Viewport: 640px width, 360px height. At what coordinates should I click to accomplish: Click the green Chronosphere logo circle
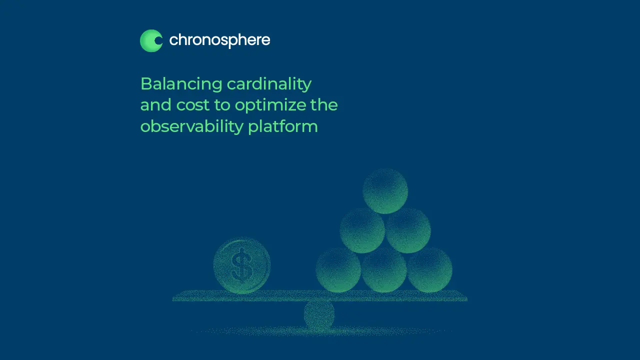click(151, 41)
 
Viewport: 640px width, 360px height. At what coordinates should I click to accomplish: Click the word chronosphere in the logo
click(219, 40)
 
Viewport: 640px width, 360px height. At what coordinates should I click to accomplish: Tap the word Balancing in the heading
click(181, 84)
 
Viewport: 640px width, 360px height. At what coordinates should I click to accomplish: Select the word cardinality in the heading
click(269, 84)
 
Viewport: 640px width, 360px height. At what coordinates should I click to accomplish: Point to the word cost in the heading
click(193, 105)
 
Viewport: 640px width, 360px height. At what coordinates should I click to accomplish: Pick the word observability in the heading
click(191, 126)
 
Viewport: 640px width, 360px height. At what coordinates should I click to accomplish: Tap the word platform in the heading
click(283, 126)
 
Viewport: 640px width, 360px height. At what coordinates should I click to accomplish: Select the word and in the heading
click(155, 104)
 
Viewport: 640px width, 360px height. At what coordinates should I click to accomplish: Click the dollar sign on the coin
click(242, 265)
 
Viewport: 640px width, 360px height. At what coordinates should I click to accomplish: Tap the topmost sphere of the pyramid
click(385, 191)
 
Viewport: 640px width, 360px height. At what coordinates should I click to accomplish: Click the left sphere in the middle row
click(362, 230)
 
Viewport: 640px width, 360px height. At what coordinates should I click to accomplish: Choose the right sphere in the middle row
click(408, 230)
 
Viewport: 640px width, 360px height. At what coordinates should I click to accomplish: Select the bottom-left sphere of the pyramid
click(338, 270)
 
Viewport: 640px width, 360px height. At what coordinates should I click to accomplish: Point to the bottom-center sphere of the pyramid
click(384, 270)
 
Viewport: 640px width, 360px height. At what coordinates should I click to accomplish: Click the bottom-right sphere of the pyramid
click(429, 270)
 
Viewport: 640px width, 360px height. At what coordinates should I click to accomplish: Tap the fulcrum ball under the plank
click(319, 315)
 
